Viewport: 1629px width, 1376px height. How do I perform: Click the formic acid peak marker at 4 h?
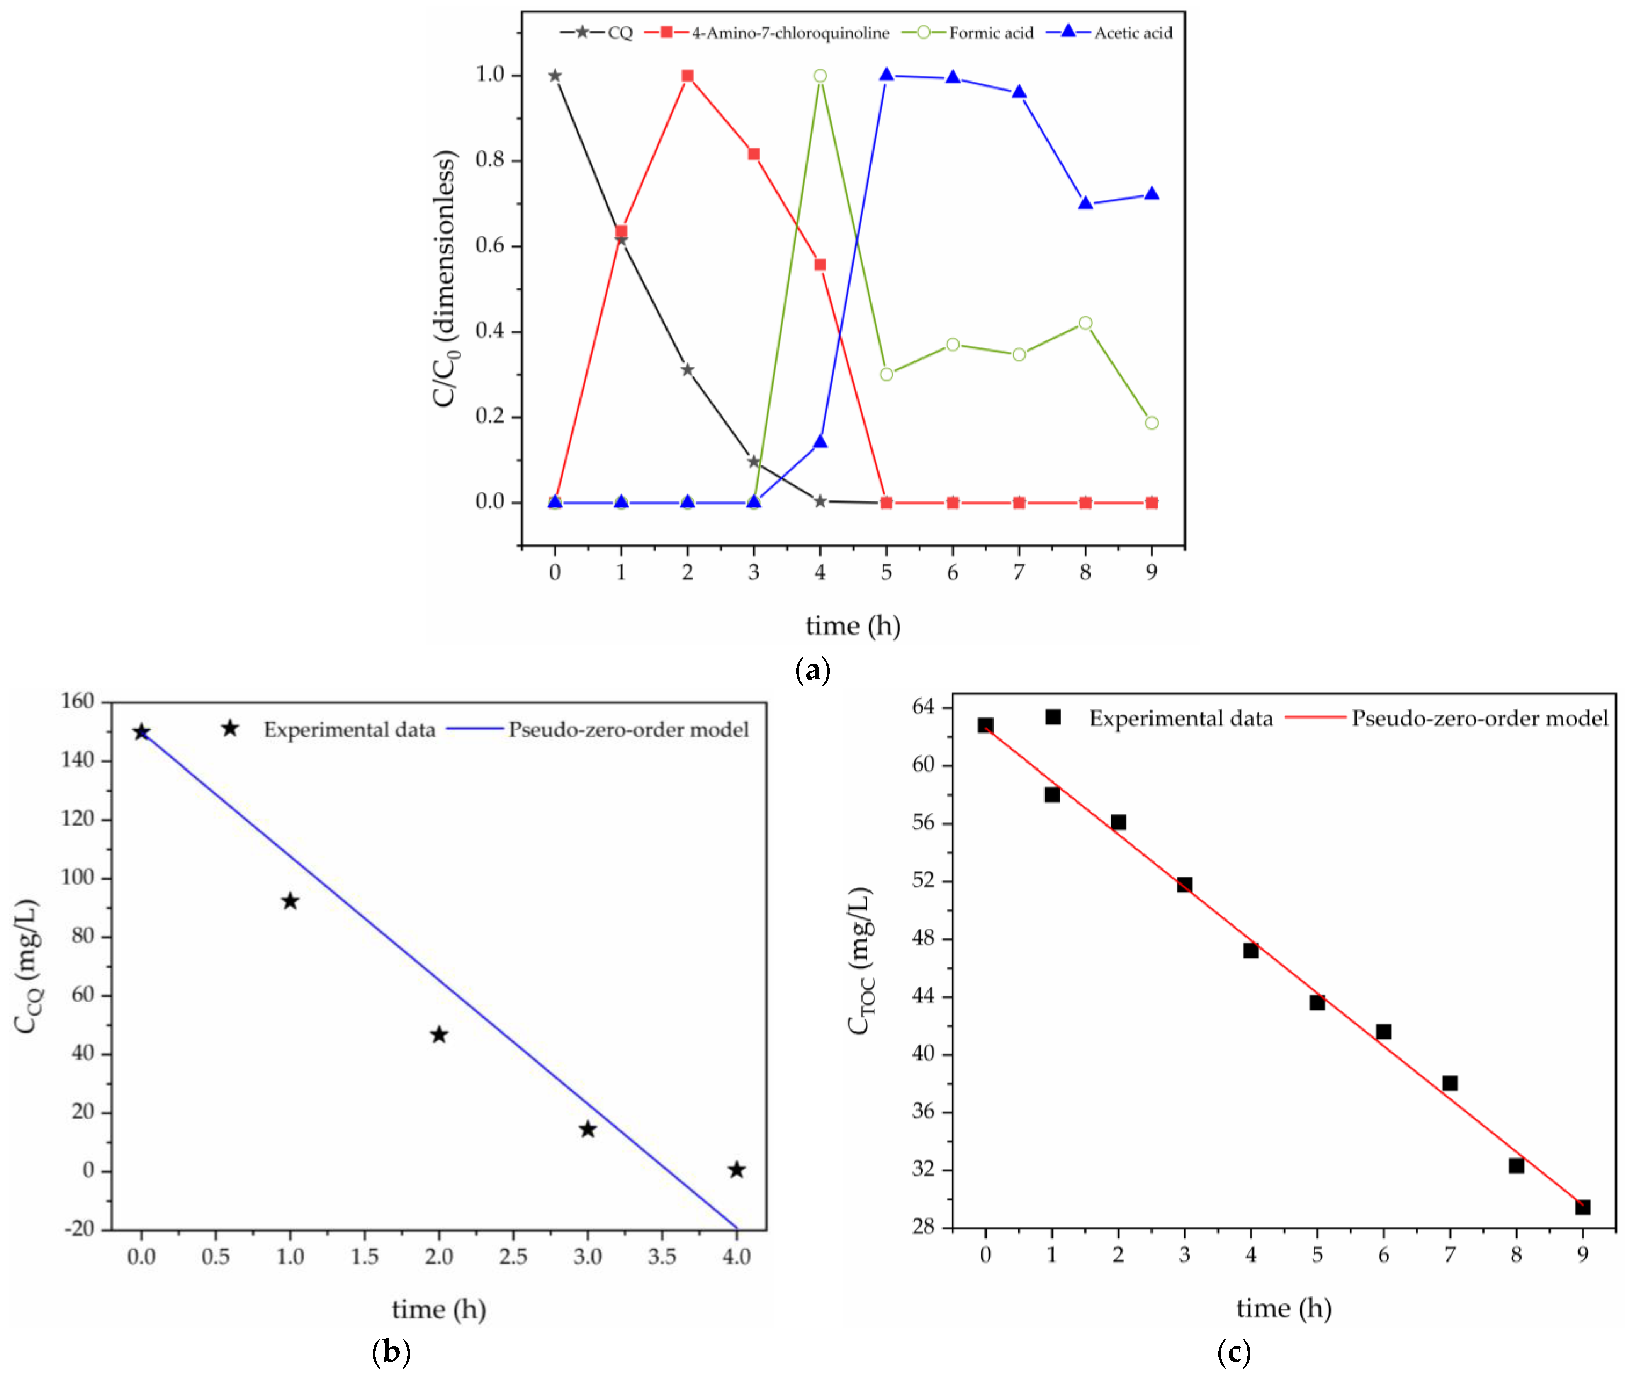coord(820,76)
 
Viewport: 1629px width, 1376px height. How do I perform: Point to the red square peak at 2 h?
coord(687,76)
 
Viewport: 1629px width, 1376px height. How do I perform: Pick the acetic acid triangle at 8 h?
coord(1085,204)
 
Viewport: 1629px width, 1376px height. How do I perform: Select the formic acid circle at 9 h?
coord(1152,423)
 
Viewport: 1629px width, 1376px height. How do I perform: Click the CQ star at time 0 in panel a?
coord(555,76)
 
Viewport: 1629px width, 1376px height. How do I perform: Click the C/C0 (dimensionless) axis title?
coord(445,279)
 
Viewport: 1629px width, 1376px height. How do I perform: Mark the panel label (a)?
coord(812,669)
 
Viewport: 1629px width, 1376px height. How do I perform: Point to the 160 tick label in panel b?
coord(77,701)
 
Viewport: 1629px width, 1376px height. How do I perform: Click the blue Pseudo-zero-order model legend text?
coord(628,729)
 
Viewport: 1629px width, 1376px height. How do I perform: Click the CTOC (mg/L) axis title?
coord(861,961)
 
